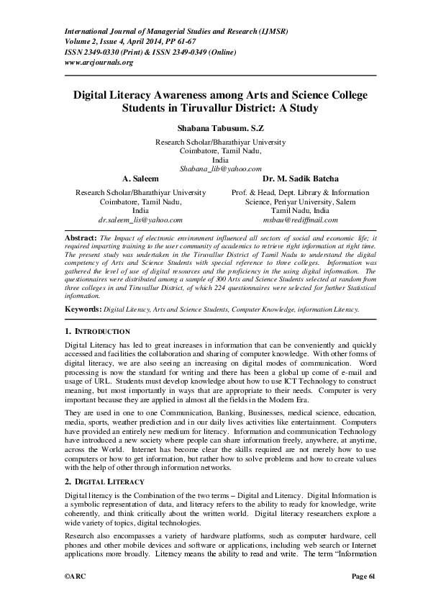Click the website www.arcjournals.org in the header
[x=99, y=63]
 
